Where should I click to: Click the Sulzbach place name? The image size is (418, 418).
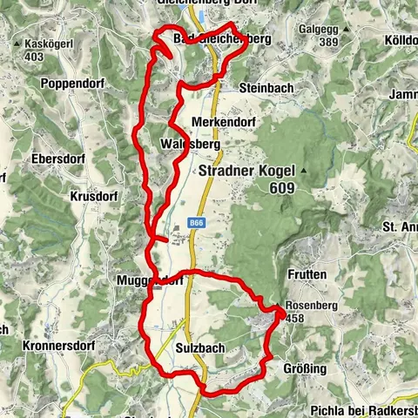(196, 347)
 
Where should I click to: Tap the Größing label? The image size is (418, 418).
(305, 369)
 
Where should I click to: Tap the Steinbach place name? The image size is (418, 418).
(265, 89)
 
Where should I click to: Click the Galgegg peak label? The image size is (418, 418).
(319, 29)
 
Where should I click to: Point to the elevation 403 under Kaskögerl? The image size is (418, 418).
(34, 57)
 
